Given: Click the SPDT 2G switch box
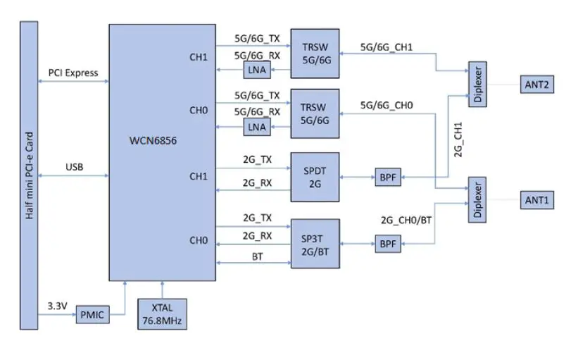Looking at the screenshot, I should [x=315, y=177].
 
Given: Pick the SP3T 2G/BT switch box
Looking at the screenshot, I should [x=315, y=243].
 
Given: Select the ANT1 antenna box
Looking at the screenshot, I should [x=539, y=201].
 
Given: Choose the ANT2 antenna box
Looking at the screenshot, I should [x=539, y=85].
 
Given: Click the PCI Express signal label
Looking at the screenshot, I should [x=73, y=73].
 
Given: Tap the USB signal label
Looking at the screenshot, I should [x=74, y=167].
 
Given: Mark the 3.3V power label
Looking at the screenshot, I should [x=57, y=307].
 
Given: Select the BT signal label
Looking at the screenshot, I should [x=257, y=257].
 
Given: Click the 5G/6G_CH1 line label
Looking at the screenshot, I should [x=387, y=48].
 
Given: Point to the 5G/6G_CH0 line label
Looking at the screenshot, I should [x=387, y=106].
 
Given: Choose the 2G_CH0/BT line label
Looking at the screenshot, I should [x=407, y=219].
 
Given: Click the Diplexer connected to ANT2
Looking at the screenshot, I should [x=479, y=85].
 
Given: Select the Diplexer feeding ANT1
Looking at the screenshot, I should [x=479, y=201].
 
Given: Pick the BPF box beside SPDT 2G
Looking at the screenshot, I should [x=387, y=178].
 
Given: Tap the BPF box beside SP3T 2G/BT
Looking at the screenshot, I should [x=387, y=244].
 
